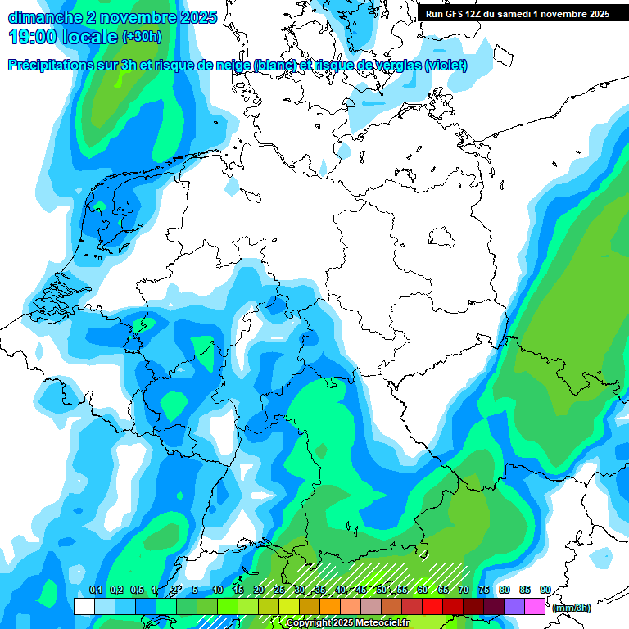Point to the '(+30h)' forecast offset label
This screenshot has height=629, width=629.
click(142, 37)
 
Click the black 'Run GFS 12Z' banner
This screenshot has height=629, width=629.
click(517, 14)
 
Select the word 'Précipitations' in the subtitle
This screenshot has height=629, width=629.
click(57, 65)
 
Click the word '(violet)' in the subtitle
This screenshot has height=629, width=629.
click(446, 65)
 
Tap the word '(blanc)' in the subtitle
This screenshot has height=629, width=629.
click(275, 65)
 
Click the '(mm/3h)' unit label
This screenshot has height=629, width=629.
click(572, 608)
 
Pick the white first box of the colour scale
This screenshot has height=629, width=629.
click(84, 606)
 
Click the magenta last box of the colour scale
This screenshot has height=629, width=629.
click(535, 606)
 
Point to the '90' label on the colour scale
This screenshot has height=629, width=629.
click(545, 590)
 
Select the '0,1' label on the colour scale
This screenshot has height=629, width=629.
click(95, 590)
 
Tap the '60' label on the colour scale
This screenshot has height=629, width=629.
click(422, 590)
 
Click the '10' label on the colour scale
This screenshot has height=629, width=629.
click(217, 590)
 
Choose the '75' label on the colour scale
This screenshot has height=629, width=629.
click(483, 590)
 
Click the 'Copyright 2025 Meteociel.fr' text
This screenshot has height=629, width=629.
click(348, 622)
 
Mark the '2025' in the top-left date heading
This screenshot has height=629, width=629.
click(198, 17)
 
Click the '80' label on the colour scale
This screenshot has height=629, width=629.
click(504, 590)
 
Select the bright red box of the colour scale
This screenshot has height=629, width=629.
click(432, 606)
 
